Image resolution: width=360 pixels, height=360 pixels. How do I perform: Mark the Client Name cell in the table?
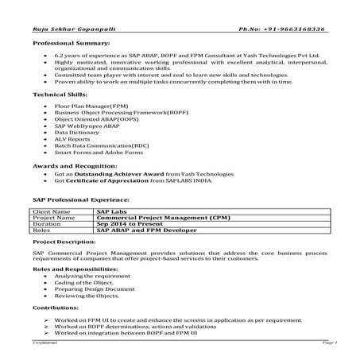[51, 212]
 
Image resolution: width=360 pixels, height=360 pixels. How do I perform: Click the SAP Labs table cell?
[110, 212]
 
